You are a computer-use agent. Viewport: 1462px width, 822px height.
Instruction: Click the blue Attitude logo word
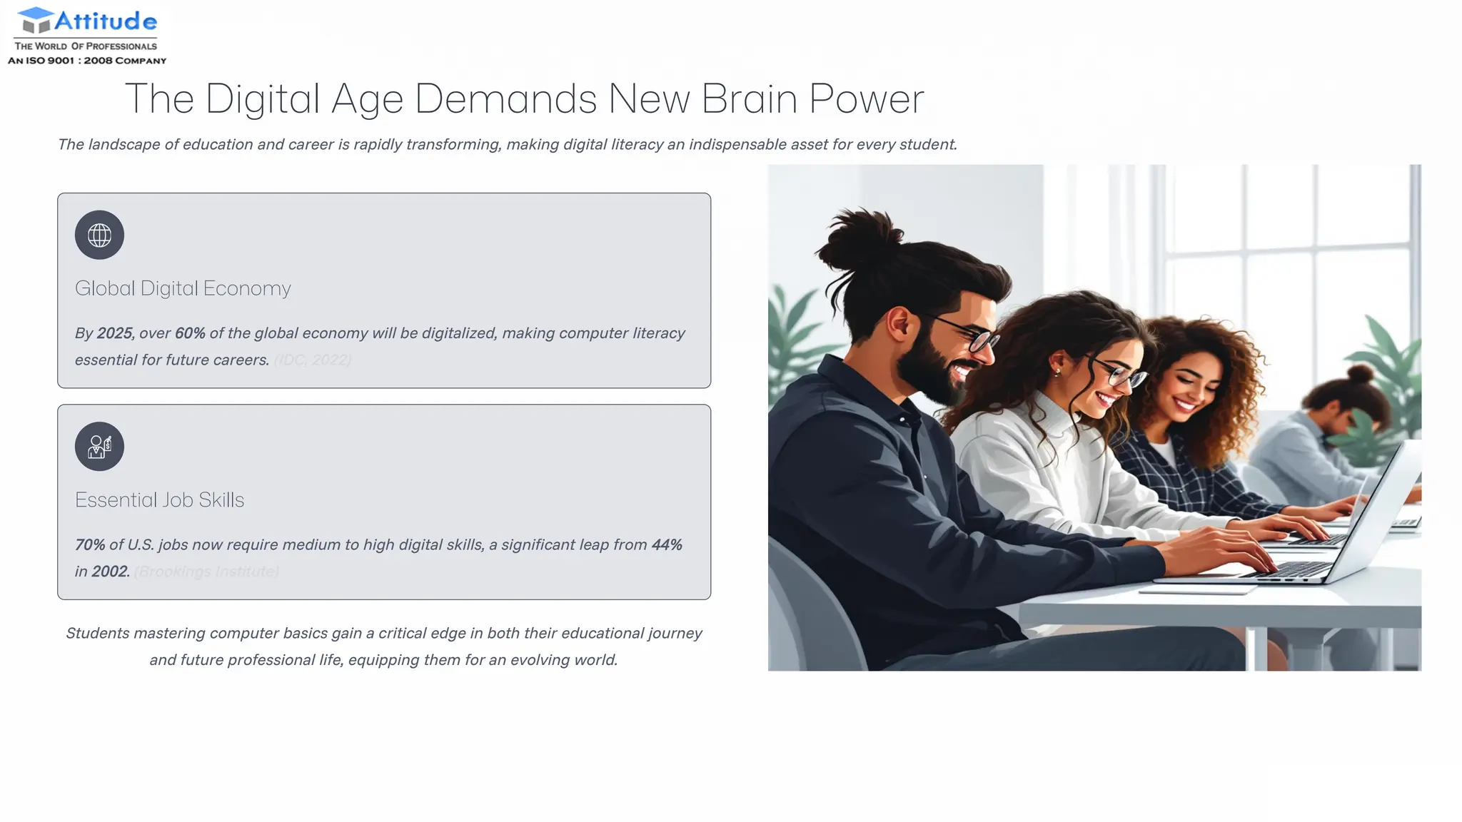(106, 21)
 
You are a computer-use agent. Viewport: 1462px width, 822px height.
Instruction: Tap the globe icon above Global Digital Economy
(99, 235)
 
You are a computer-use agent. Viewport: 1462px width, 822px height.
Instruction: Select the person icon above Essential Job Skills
(99, 447)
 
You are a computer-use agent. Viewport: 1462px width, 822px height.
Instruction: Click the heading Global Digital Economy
(183, 288)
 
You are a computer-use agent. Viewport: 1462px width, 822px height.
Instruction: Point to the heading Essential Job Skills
(159, 500)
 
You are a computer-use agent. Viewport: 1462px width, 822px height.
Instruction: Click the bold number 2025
(114, 333)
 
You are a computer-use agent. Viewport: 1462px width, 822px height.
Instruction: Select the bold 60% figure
(190, 333)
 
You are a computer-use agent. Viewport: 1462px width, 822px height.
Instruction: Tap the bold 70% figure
(90, 545)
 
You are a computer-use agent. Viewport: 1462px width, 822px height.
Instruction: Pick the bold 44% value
(667, 545)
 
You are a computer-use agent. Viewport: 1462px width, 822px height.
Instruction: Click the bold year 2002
(110, 572)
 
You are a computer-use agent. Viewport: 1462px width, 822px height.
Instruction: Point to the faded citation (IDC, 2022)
(313, 360)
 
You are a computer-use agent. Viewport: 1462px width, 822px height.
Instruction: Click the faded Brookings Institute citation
(206, 572)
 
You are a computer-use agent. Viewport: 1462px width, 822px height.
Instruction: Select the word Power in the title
(867, 98)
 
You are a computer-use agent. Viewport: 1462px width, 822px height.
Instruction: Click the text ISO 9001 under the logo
(50, 61)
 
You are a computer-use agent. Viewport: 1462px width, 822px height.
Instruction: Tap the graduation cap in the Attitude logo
(36, 19)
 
